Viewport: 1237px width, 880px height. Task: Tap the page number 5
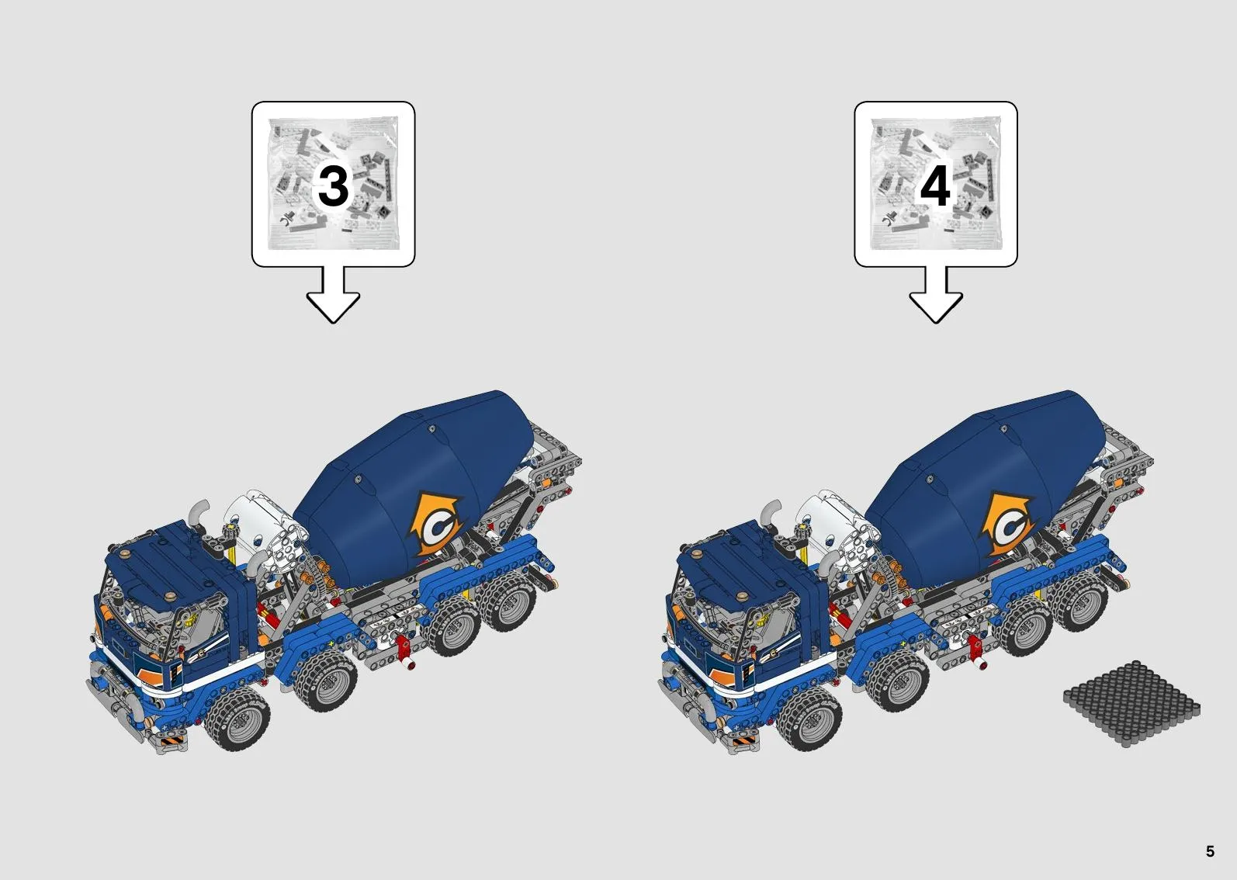point(1210,851)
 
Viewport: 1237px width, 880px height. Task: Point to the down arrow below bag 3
point(333,297)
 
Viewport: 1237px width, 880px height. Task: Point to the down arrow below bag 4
point(935,297)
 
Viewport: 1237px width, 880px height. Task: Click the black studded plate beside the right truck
point(1131,703)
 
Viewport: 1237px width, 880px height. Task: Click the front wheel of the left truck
point(238,720)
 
